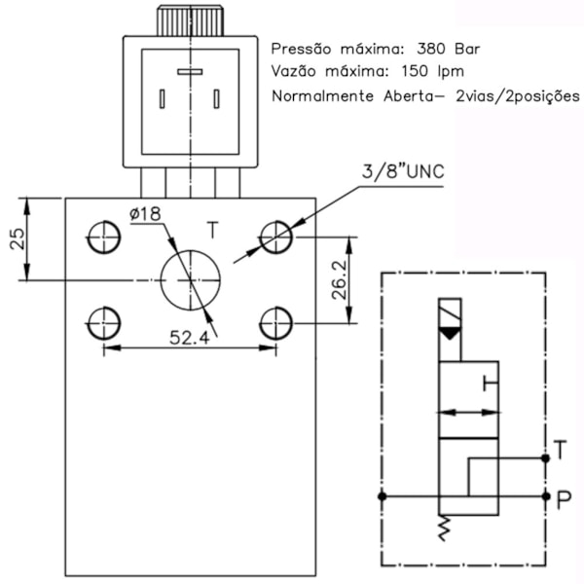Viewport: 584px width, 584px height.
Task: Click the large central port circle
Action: pos(191,279)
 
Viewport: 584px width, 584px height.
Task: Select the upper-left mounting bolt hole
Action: pos(103,237)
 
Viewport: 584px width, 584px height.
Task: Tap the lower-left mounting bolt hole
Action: pos(103,321)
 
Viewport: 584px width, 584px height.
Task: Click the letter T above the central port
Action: pos(213,231)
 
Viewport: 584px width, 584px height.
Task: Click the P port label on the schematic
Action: pos(562,499)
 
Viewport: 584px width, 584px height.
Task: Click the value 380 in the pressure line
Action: pos(431,48)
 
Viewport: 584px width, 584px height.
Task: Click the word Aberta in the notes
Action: pos(402,97)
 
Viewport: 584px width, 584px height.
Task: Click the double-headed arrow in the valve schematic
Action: pos(469,413)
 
